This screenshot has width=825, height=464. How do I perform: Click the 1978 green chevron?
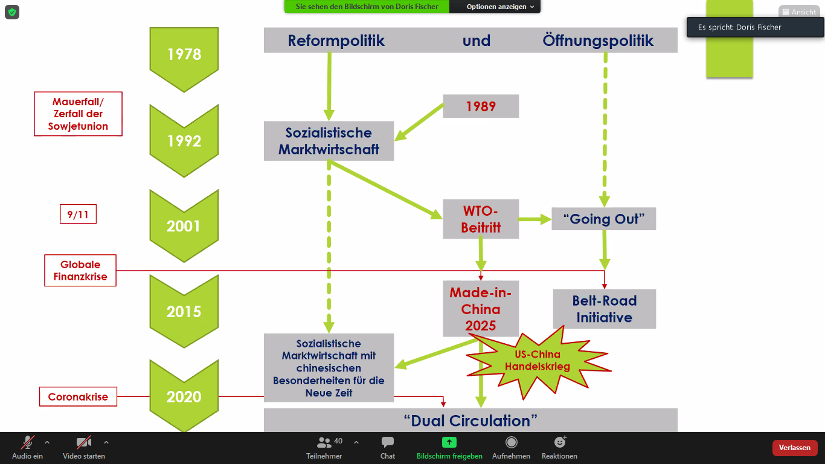[x=184, y=55]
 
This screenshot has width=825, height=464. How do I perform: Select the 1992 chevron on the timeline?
[x=184, y=141]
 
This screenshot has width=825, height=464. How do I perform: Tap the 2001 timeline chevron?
[x=184, y=226]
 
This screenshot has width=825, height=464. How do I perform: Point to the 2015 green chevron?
[x=184, y=311]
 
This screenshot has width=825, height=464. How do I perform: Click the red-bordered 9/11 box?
[x=78, y=214]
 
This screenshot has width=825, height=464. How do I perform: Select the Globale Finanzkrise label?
[x=80, y=270]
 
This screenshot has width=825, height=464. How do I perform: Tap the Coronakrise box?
[x=78, y=397]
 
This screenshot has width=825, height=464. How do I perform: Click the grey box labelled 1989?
[x=481, y=106]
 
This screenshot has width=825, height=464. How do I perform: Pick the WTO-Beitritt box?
[x=481, y=219]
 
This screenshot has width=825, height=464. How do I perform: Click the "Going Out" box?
[x=603, y=219]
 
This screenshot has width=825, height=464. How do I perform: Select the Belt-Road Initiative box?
[x=604, y=309]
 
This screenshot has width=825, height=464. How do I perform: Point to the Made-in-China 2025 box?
[x=481, y=309]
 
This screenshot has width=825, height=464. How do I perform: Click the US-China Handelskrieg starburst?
[x=537, y=360]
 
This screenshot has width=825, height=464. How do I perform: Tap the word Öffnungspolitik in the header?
[x=598, y=40]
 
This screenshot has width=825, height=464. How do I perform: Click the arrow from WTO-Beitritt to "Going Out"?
[x=534, y=219]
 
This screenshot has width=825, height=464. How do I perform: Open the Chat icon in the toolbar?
[x=388, y=447]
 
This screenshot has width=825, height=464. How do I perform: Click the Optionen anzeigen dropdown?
[x=500, y=7]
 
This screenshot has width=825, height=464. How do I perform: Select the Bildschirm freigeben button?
[x=449, y=447]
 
